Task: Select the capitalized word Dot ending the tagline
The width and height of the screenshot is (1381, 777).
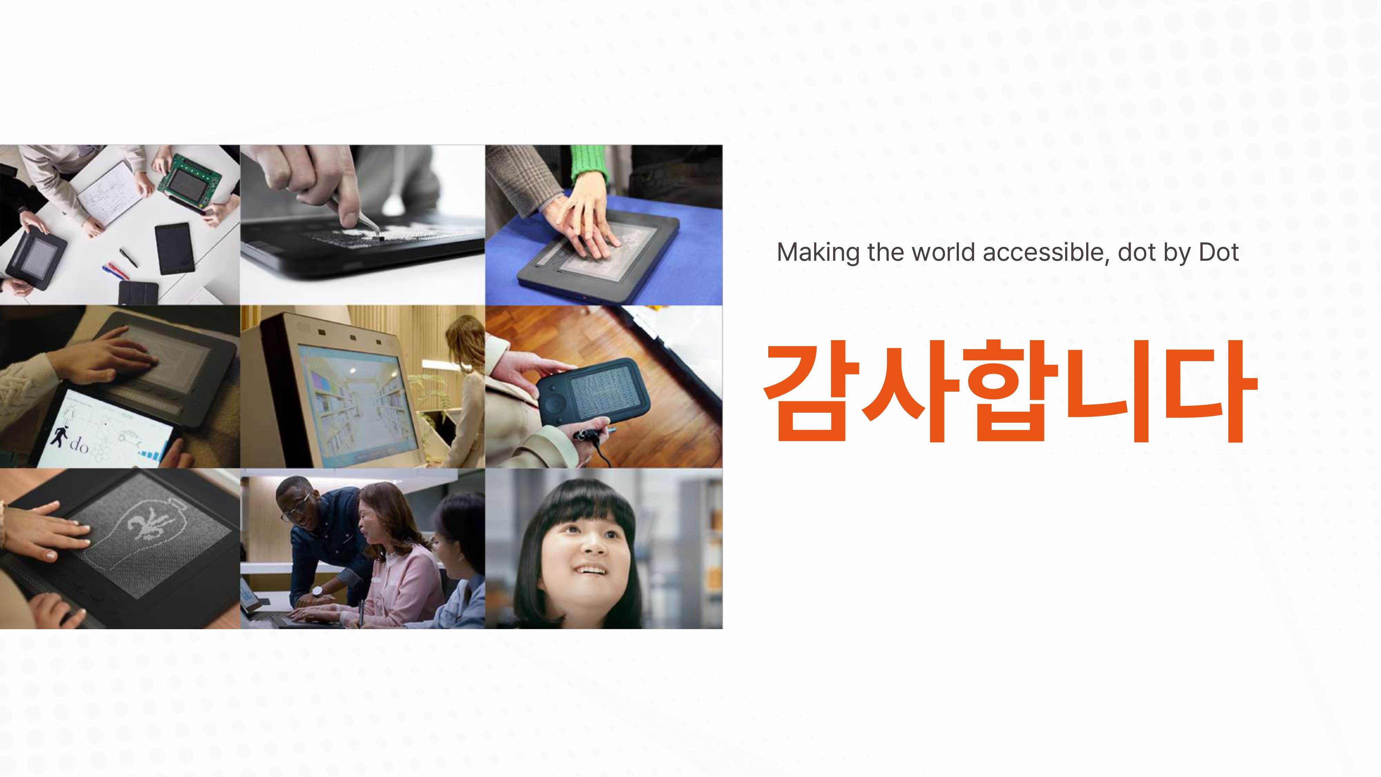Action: click(x=1219, y=252)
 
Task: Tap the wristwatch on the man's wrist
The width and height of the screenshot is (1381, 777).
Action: click(x=317, y=592)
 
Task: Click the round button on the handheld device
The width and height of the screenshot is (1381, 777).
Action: click(x=556, y=401)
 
